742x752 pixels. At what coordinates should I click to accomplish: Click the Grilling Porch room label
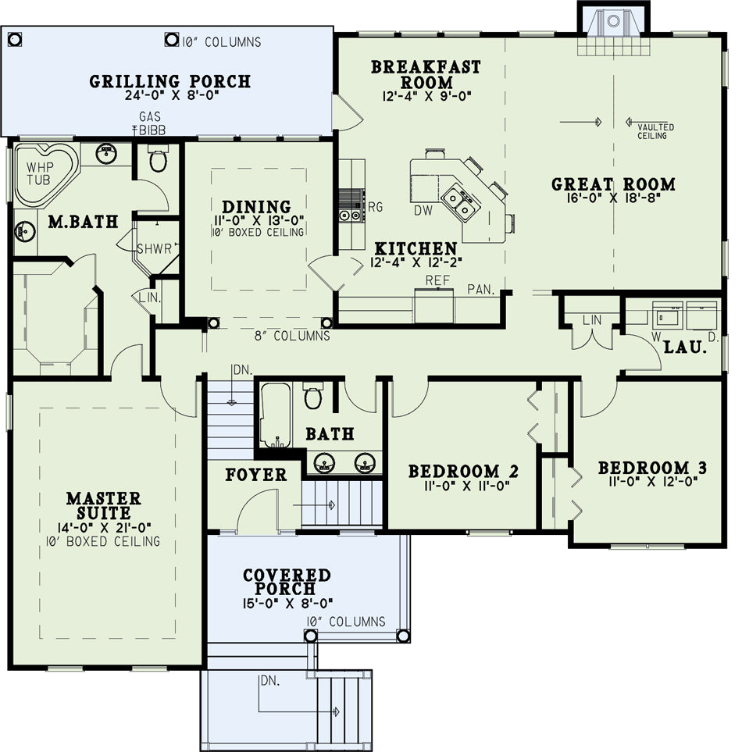169,81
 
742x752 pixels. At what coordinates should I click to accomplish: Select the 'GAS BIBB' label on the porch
150,123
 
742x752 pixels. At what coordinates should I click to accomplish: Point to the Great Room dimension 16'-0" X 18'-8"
613,198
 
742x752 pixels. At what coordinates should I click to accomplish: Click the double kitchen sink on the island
458,201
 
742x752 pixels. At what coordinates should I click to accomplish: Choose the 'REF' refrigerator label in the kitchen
437,280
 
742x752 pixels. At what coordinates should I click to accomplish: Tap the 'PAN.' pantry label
480,290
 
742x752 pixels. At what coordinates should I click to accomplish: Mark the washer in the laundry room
668,315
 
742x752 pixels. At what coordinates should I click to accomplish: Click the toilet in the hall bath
312,395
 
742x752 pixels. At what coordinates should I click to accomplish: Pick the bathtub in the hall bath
275,415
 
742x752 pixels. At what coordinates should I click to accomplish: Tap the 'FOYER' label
256,475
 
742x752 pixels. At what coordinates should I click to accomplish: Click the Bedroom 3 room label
652,468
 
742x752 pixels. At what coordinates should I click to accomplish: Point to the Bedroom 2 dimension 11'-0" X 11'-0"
467,486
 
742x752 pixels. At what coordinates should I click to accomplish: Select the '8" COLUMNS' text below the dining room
292,336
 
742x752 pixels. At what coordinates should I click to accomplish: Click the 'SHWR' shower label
154,249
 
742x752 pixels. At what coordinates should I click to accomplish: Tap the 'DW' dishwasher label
423,210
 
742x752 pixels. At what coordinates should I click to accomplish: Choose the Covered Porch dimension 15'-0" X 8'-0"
287,603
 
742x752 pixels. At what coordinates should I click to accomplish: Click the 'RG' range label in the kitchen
375,207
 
